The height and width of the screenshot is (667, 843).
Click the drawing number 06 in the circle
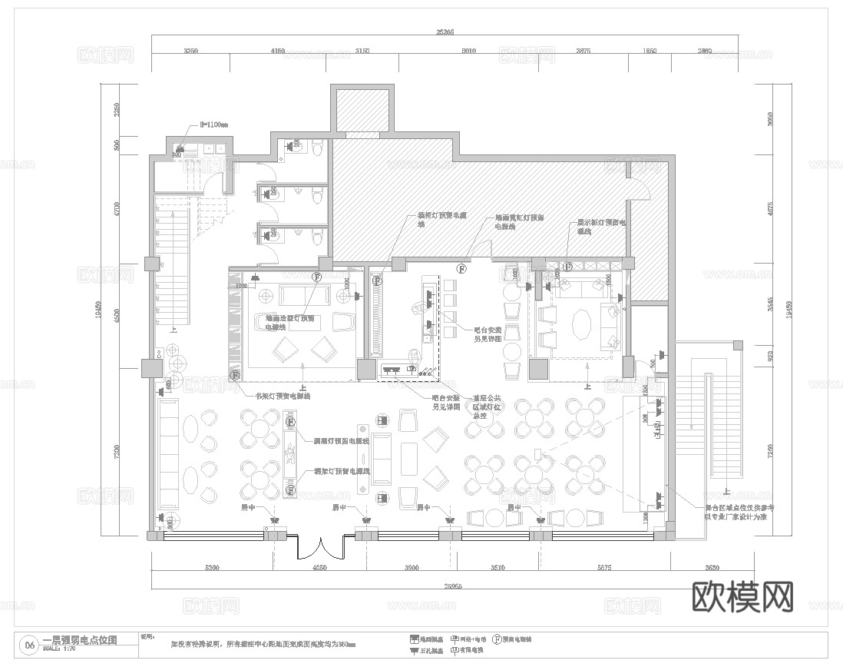pos(30,645)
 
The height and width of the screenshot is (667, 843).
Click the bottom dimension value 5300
pos(212,568)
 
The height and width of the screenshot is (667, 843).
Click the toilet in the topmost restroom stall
pos(316,146)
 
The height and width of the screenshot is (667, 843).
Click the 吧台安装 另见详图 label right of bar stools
pos(488,333)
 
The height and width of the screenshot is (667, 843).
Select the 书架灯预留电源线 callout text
pos(283,397)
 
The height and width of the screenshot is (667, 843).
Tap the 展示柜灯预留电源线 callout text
pos(603,227)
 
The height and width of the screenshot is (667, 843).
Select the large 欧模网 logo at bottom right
pos(742,596)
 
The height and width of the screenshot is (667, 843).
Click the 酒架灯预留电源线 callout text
pos(342,471)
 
